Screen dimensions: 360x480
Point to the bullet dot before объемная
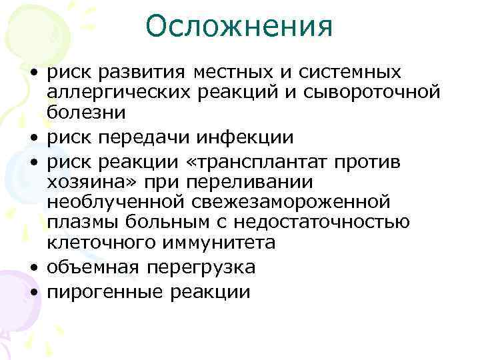pos(33,268)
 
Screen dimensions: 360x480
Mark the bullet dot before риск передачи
pos(33,138)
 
